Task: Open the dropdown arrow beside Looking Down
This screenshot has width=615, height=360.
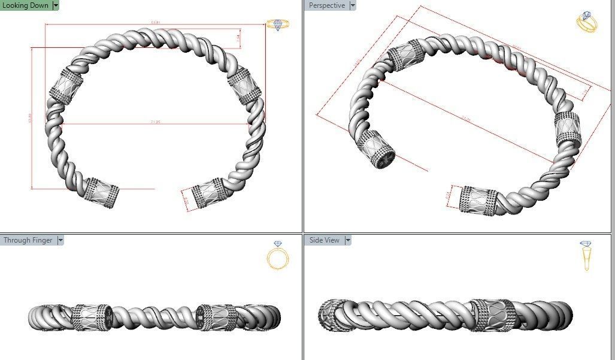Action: point(56,5)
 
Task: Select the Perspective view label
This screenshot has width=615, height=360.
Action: point(326,5)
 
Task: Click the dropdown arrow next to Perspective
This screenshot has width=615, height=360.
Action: point(352,5)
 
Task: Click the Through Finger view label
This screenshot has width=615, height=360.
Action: point(28,240)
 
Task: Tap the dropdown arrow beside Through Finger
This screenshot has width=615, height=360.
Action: point(60,240)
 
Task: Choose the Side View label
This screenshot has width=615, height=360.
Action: point(324,240)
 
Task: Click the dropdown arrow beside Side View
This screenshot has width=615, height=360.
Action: point(347,240)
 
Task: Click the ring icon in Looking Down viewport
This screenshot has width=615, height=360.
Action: point(278,25)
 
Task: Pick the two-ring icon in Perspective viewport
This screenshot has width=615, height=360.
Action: point(587,22)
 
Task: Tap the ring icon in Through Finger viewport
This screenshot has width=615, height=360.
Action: point(278,256)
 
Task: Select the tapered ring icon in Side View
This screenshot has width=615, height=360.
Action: point(586,256)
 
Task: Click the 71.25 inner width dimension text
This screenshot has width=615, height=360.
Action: point(156,122)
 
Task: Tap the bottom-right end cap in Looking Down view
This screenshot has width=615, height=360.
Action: point(207,193)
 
